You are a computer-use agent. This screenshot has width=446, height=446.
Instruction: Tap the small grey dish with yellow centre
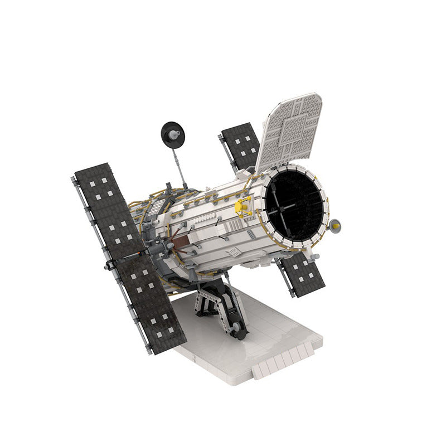[x=335, y=225]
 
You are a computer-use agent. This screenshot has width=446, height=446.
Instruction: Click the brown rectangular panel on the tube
[x=180, y=242]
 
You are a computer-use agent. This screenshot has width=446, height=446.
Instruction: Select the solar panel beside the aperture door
[x=241, y=146]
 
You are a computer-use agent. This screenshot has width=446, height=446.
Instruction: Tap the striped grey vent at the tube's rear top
[x=158, y=207]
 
